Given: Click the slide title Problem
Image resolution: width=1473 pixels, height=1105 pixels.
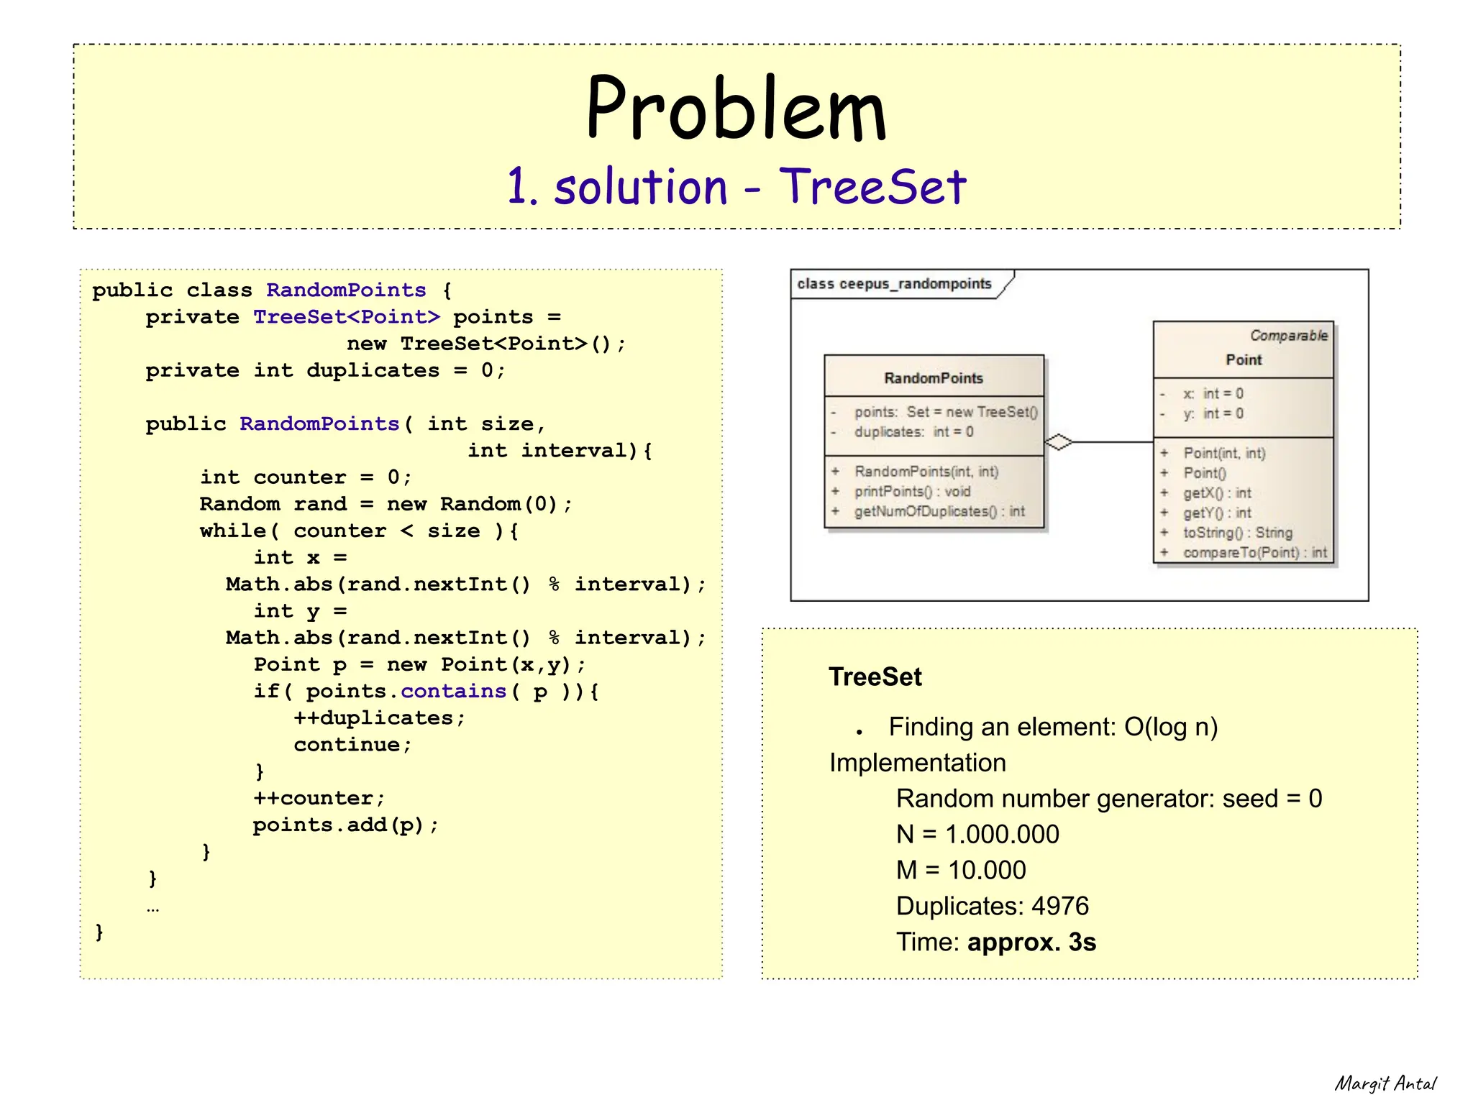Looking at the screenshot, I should point(736,109).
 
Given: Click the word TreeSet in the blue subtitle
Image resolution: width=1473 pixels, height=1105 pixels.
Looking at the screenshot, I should point(872,187).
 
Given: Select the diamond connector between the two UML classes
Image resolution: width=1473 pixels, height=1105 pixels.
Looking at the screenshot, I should point(1058,442).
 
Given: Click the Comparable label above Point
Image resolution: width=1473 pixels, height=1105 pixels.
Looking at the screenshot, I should point(1288,336).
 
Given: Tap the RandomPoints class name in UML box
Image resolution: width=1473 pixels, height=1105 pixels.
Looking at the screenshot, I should point(933,378).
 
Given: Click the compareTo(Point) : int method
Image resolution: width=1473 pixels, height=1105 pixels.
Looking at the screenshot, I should point(1254,553).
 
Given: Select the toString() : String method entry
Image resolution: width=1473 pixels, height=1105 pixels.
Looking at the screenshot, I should point(1237,533).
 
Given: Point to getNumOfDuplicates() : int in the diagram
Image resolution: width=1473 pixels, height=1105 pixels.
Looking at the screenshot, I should point(939,511).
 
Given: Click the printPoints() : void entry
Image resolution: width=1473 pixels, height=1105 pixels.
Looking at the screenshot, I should point(912,491).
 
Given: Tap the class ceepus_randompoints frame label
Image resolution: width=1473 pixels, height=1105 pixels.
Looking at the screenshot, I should point(894,284).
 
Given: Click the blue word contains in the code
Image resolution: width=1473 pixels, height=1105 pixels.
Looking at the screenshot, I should point(453,692).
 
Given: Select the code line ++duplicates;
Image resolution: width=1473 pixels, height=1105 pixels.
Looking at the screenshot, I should point(379,718).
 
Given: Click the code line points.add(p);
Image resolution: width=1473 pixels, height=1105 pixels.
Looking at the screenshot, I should point(345,825).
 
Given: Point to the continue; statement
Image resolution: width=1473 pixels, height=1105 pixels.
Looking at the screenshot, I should point(352,745).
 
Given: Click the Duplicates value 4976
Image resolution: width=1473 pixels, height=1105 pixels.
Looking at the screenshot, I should point(1059,906).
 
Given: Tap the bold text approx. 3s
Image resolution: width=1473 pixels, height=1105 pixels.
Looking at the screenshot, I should point(1031,942).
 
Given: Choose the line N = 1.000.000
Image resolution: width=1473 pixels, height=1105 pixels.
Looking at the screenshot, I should point(977,834).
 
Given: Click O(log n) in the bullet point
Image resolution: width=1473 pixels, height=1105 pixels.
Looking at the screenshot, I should point(1170,727).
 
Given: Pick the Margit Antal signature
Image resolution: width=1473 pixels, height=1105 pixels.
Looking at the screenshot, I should point(1385,1083).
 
